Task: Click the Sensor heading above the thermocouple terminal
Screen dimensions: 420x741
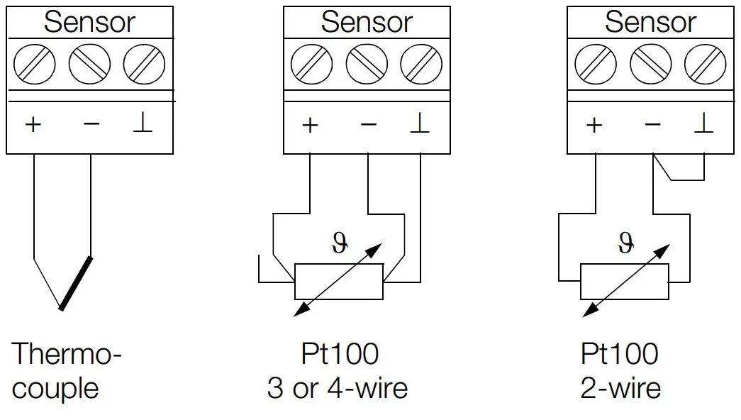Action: tap(89, 22)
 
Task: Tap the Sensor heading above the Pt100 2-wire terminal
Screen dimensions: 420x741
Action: tap(650, 22)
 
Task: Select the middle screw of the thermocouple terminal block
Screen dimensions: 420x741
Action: tap(89, 65)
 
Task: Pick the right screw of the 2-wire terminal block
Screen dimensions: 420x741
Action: tap(705, 65)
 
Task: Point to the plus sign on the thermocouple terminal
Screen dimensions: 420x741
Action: tap(33, 125)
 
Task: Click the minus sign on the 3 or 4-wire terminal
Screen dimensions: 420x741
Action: tap(368, 125)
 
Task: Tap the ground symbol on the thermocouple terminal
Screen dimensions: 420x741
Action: tap(143, 124)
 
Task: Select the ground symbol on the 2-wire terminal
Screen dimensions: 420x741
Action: tap(703, 124)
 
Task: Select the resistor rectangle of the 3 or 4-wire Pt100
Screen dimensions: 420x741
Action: tap(339, 282)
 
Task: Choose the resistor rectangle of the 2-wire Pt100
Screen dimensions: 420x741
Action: tap(624, 282)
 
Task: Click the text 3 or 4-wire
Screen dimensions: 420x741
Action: tap(338, 388)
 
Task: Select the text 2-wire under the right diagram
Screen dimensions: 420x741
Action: tap(620, 388)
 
